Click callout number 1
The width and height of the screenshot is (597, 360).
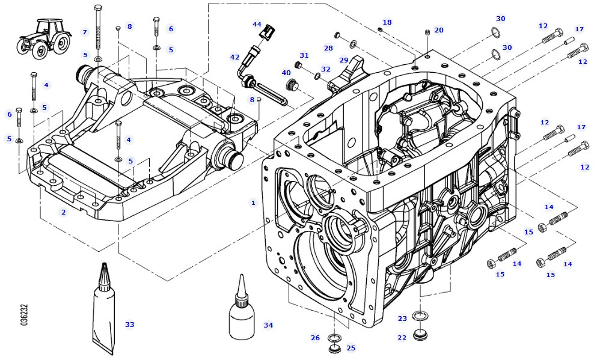tap(253, 203)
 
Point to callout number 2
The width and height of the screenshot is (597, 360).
tap(63, 212)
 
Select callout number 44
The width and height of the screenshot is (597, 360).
tap(257, 25)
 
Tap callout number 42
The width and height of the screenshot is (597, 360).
tap(234, 57)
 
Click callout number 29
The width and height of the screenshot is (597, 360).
tap(344, 59)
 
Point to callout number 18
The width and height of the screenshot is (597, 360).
tap(387, 22)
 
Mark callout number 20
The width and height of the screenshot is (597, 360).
tap(438, 30)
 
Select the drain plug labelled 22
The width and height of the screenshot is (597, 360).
tap(420, 334)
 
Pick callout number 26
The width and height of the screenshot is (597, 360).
tap(315, 338)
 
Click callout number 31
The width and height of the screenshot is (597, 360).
tap(304, 55)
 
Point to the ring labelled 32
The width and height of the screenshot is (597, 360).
tap(316, 76)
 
